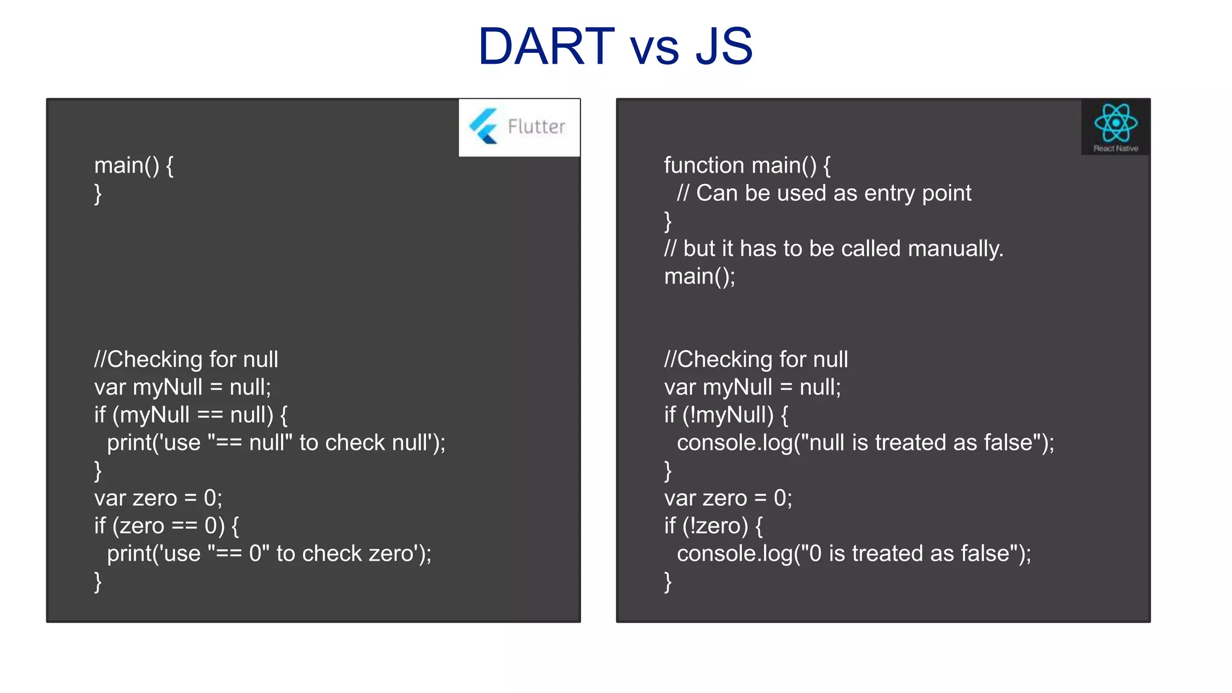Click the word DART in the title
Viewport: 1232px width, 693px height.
coord(546,46)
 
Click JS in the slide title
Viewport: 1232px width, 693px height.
coord(724,46)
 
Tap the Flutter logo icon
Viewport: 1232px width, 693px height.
coord(484,126)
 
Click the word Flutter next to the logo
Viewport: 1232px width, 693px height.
coord(536,126)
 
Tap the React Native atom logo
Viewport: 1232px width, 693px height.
coord(1115,123)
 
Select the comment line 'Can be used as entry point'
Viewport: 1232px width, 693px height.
coord(824,193)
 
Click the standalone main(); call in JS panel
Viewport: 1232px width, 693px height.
coord(700,276)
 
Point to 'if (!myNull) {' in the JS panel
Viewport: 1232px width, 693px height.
coord(726,414)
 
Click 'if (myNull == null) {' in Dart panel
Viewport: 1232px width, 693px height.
coord(191,414)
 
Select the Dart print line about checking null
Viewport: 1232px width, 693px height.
coord(276,443)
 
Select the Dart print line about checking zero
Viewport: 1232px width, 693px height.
coord(269,553)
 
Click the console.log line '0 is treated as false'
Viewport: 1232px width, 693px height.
coord(854,553)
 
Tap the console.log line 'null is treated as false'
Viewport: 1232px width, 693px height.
coord(865,443)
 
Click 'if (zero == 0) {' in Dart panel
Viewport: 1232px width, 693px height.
coord(167,526)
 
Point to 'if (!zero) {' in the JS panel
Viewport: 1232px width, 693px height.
coord(713,526)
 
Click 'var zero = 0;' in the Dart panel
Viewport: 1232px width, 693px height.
coord(158,498)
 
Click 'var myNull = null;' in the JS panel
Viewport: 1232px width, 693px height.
coord(752,387)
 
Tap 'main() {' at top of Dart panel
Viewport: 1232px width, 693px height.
coord(134,165)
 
